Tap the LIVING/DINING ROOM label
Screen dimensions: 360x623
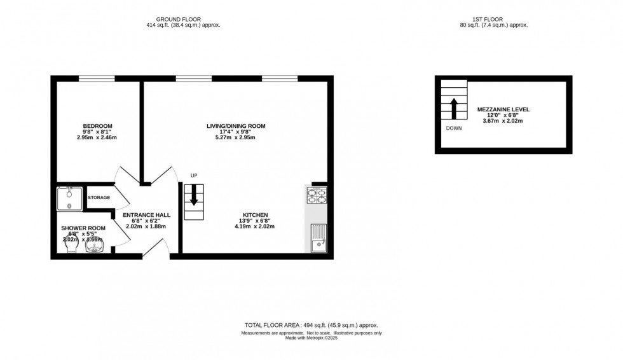click(236, 126)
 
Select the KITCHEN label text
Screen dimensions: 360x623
click(256, 214)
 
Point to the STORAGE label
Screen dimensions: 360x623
click(99, 198)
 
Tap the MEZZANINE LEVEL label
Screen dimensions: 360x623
click(503, 109)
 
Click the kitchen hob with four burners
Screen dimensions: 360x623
click(317, 195)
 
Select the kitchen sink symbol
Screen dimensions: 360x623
click(318, 238)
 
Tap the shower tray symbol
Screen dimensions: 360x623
click(69, 198)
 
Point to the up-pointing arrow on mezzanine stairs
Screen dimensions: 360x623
click(455, 108)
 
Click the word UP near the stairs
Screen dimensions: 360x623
click(194, 176)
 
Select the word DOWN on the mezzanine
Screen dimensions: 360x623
click(454, 128)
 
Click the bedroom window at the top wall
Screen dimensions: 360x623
click(97, 79)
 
